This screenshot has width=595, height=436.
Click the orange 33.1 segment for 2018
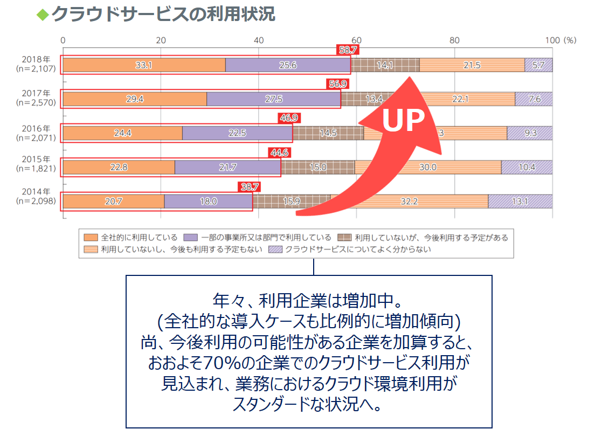coord(143,65)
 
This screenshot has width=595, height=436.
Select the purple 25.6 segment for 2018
coord(288,65)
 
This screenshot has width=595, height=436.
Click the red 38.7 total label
coord(250,186)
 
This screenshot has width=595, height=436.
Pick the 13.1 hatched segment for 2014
coord(520,201)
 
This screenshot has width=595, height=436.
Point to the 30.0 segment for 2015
coord(428,167)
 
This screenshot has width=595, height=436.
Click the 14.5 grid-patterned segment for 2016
coord(328,133)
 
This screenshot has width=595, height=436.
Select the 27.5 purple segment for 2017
coord(273,99)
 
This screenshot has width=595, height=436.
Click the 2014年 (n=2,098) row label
coord(37,197)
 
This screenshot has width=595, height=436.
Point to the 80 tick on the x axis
coord(454,40)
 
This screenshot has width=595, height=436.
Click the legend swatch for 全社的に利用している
coord(91,237)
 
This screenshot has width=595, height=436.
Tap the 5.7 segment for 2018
coord(538,65)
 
